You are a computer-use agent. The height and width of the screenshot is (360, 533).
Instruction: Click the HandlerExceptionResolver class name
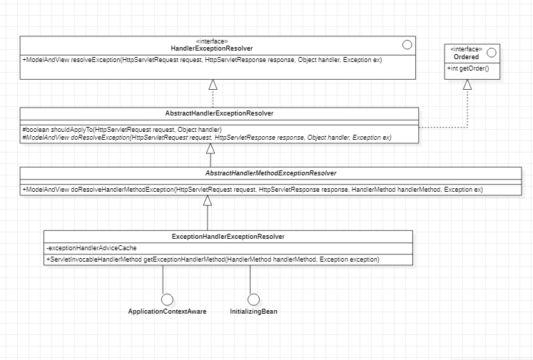[x=211, y=48]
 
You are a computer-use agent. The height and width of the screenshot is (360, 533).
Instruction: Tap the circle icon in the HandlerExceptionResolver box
[x=407, y=44]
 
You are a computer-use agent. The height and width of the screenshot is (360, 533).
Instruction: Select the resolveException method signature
[x=202, y=60]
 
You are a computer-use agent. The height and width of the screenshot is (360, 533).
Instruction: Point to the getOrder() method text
[x=464, y=69]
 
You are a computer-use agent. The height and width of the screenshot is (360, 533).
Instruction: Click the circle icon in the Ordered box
[x=492, y=52]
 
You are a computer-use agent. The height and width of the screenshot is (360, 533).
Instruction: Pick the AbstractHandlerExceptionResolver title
[x=219, y=113]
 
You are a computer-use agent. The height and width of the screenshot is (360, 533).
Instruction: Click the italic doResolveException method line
[x=207, y=137]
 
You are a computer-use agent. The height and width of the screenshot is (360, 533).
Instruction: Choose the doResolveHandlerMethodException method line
[x=253, y=190]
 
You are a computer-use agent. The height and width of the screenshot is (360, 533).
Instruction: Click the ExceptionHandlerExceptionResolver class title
[x=228, y=236]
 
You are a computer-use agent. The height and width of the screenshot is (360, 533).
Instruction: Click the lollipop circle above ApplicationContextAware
[x=168, y=299]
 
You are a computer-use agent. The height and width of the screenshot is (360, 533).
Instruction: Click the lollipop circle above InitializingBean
[x=253, y=299]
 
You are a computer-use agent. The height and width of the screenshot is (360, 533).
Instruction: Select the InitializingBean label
[x=253, y=312]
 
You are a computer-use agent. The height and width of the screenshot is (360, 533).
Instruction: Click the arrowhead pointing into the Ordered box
[x=467, y=85]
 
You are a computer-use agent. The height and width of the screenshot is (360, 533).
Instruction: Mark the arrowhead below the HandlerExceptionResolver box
[x=212, y=85]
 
